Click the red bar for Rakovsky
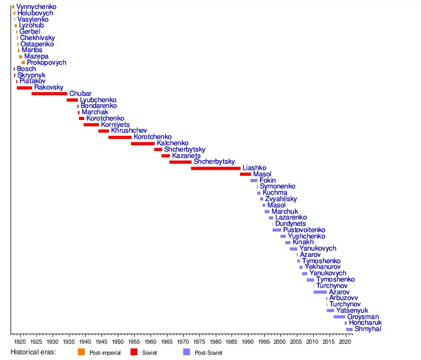[x=24, y=88]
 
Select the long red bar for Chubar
[x=49, y=94]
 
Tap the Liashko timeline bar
[x=216, y=168]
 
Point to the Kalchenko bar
[x=143, y=144]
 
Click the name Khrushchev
[x=129, y=131]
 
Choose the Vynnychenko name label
[x=36, y=7]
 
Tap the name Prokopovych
[x=46, y=63]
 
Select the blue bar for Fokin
[x=254, y=181]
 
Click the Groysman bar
[x=339, y=317]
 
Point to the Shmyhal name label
[x=368, y=329]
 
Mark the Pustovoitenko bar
[x=277, y=230]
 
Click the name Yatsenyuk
[x=352, y=311]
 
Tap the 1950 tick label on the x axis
[x=118, y=342]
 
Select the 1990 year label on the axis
[x=248, y=342]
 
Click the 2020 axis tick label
[x=345, y=342]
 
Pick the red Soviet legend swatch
[x=134, y=352]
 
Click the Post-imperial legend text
[x=105, y=353]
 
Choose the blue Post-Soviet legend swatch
[x=187, y=352]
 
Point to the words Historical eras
[x=33, y=352]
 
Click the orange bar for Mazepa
[x=21, y=57]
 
